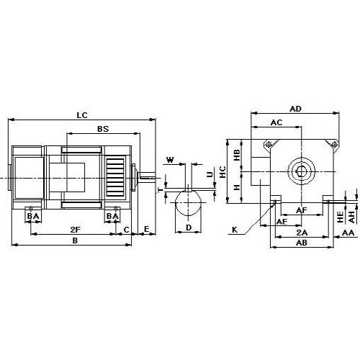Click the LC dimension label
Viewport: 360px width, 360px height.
[82, 115]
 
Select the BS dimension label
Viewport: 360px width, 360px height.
[103, 129]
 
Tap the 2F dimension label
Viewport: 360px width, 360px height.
[76, 230]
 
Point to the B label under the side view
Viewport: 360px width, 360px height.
[75, 240]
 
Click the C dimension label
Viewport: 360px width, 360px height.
[127, 230]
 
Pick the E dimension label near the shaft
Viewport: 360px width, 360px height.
[146, 229]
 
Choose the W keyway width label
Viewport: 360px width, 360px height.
[170, 160]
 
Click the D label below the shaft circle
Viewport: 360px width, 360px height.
[189, 228]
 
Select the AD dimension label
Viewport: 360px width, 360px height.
[295, 109]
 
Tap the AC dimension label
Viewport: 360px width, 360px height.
[276, 122]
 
